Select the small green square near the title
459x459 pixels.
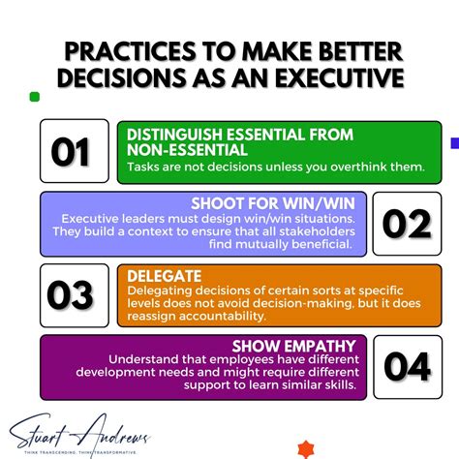tap(35, 97)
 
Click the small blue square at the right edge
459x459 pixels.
tap(454, 143)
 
